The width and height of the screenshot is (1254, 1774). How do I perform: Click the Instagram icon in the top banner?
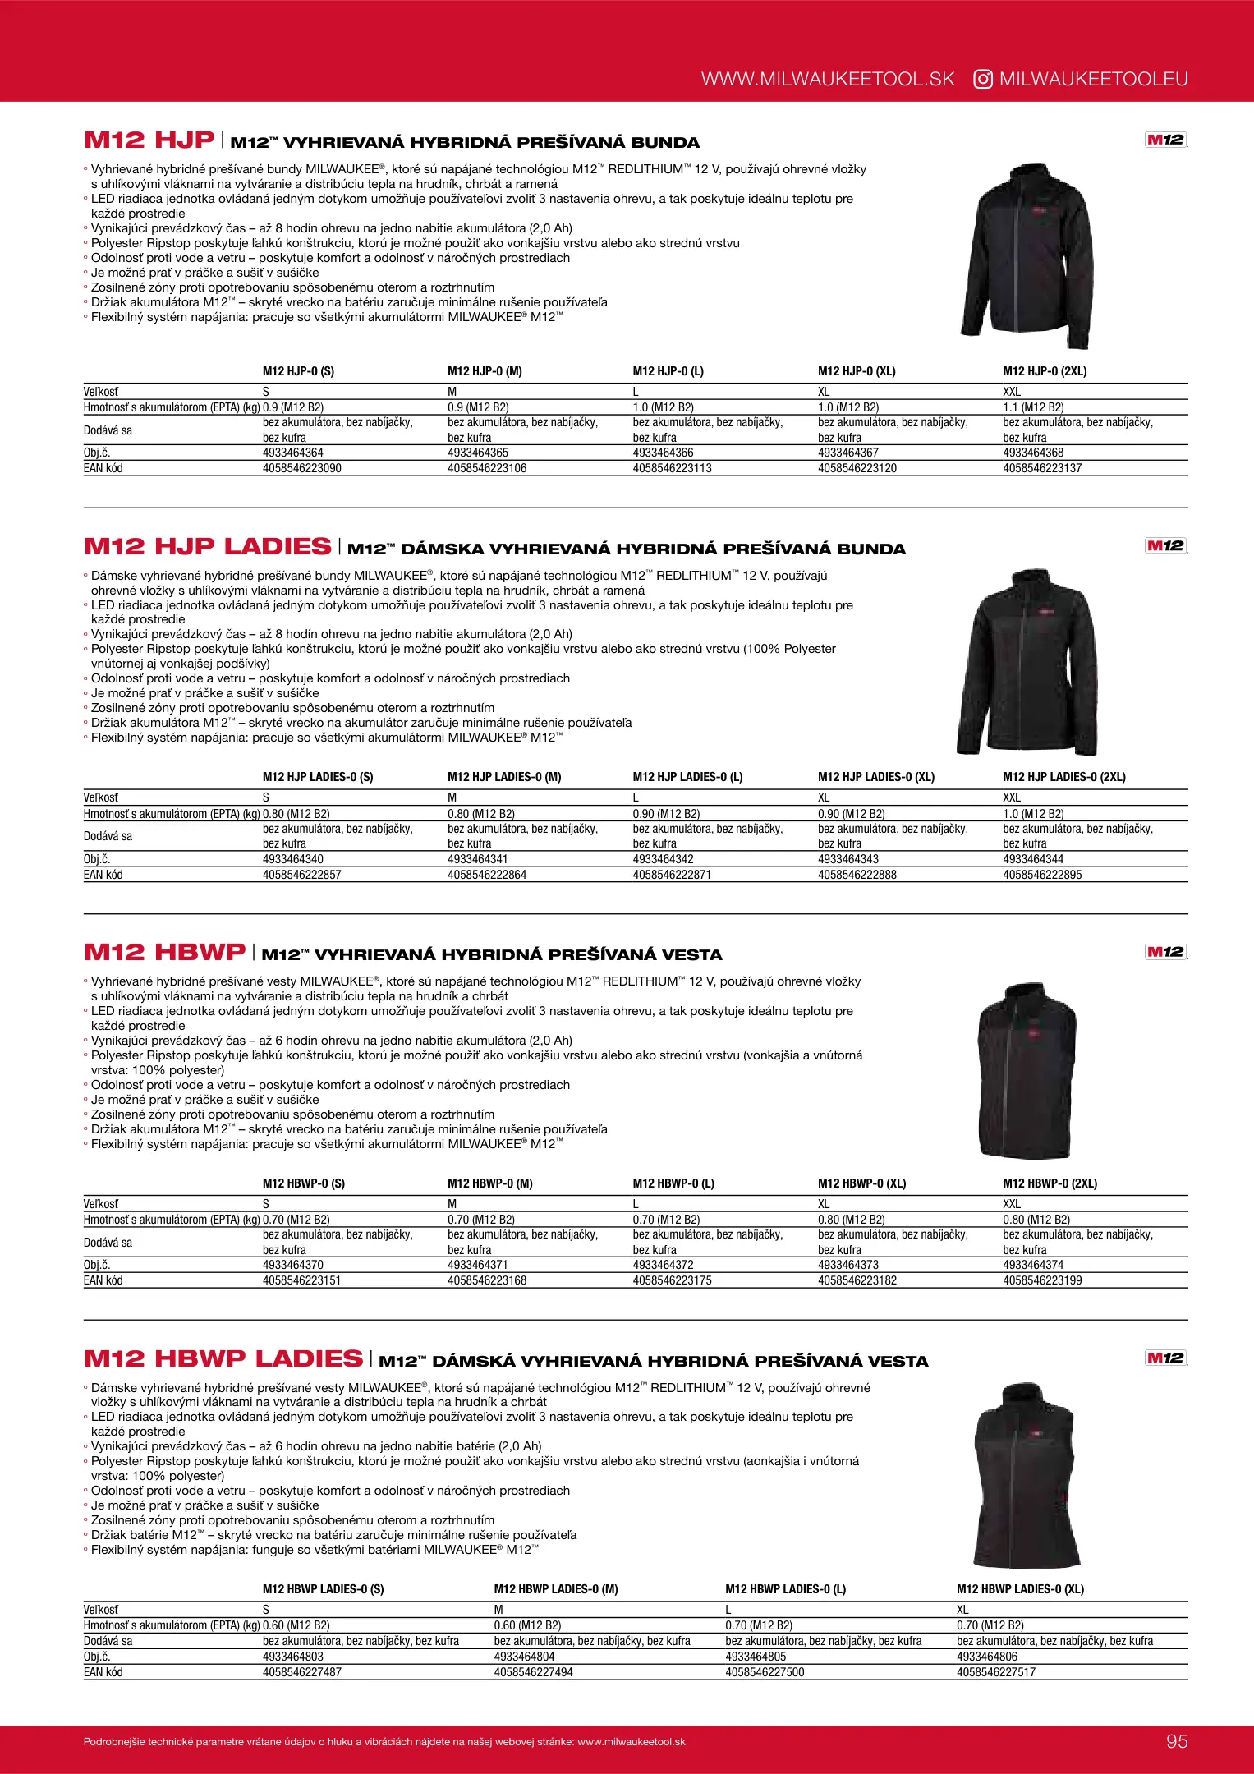click(983, 79)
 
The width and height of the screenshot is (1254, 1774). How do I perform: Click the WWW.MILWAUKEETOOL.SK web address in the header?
click(828, 79)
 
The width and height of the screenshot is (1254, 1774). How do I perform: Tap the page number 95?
click(1177, 1741)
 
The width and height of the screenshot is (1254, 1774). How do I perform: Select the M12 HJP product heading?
click(149, 140)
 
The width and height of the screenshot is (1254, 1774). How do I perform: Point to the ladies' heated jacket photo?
click(1027, 661)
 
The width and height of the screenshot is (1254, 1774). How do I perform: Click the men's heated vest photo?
click(1026, 1069)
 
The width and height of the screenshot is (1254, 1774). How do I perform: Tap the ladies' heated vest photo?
click(1027, 1473)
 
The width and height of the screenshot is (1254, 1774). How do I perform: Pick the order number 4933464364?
click(293, 453)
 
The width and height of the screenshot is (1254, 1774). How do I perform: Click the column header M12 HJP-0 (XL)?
click(857, 371)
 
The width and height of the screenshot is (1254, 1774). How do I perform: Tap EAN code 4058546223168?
click(487, 1280)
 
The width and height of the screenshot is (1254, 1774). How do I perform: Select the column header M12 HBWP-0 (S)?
click(304, 1183)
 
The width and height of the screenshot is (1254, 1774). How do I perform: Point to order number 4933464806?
click(987, 1657)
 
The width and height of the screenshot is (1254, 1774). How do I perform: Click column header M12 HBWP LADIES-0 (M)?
click(556, 1589)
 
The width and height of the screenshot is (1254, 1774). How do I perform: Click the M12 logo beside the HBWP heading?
click(1165, 952)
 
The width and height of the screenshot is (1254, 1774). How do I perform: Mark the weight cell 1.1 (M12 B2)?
click(1033, 407)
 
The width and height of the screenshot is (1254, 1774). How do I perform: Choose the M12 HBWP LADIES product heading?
click(223, 1358)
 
